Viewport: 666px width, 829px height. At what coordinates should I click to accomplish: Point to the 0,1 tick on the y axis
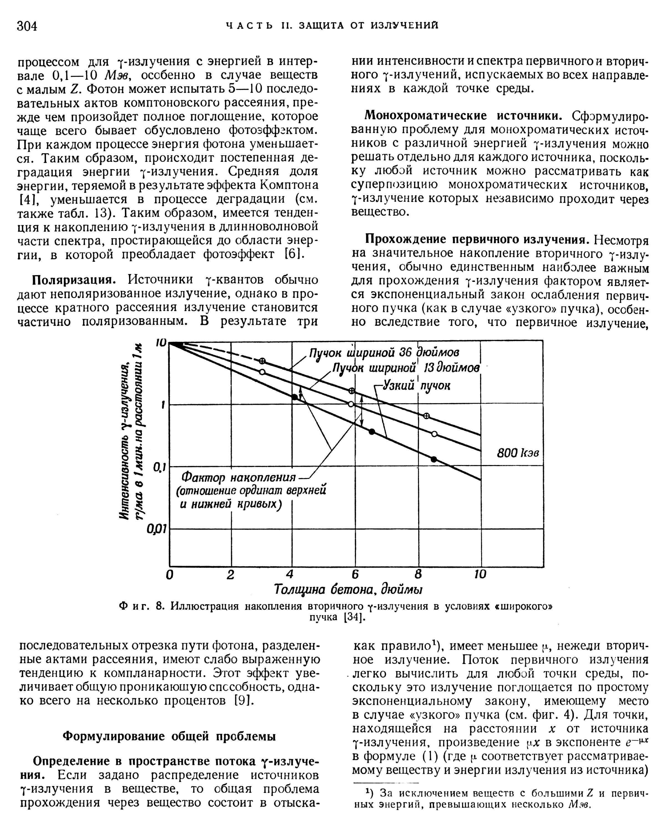(159, 468)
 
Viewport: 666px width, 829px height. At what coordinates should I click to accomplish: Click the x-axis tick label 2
(230, 574)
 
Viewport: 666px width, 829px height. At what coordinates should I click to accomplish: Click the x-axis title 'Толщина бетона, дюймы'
(348, 589)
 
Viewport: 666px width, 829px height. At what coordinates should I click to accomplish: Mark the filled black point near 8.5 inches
(434, 459)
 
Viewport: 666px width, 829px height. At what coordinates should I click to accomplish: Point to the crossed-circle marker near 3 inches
(263, 361)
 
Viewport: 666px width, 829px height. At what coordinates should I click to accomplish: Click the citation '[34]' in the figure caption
(354, 617)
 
